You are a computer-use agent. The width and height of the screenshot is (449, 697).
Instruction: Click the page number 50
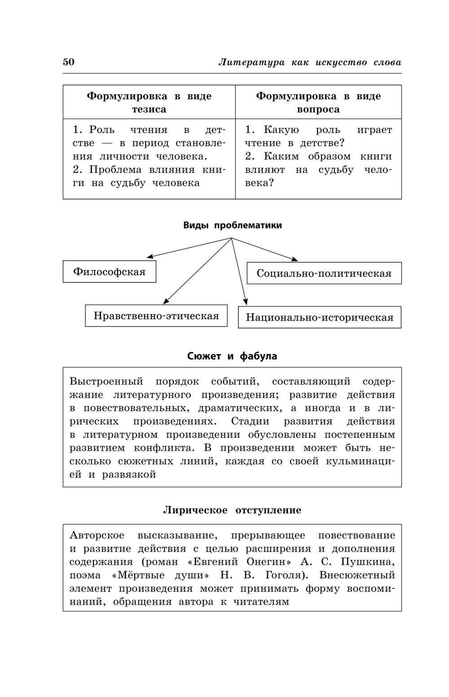pyautogui.click(x=69, y=62)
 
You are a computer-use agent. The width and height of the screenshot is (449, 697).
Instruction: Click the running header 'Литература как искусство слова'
pyautogui.click(x=310, y=62)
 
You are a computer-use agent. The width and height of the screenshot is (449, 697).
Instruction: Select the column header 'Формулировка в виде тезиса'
pyautogui.click(x=149, y=102)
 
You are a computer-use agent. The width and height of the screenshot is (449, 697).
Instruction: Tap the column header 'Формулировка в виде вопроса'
pyautogui.click(x=318, y=102)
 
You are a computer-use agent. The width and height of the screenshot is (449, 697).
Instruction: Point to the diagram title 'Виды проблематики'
pyautogui.click(x=232, y=225)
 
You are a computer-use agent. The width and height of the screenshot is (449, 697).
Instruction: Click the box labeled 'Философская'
pyautogui.click(x=110, y=272)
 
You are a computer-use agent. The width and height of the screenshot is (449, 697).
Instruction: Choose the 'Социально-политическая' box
pyautogui.click(x=324, y=273)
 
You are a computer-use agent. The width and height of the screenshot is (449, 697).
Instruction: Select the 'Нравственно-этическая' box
pyautogui.click(x=156, y=316)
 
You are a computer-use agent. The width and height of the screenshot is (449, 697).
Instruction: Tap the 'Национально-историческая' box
pyautogui.click(x=319, y=318)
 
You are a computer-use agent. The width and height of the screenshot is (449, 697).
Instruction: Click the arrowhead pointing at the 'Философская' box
pyautogui.click(x=150, y=256)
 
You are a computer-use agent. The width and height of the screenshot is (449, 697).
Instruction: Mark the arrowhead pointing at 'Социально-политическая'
pyautogui.click(x=295, y=259)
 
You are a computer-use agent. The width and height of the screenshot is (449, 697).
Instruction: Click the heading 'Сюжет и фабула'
pyautogui.click(x=232, y=356)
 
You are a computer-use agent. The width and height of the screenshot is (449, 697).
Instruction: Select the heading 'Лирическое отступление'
pyautogui.click(x=232, y=510)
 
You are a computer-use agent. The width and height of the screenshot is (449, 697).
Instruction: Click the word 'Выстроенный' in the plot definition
pyautogui.click(x=106, y=382)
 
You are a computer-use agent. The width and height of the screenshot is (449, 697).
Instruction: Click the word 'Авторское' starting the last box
pyautogui.click(x=97, y=535)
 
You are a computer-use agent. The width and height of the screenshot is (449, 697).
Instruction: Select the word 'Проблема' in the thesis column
pyautogui.click(x=114, y=170)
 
